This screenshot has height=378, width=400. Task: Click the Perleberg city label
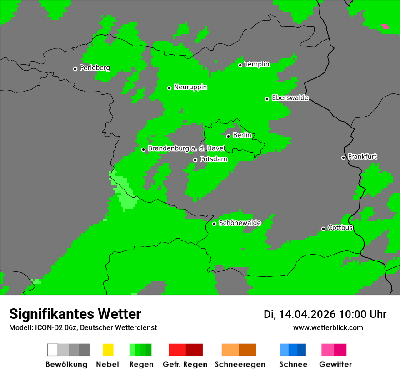point(95,68)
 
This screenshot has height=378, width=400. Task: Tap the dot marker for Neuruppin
point(169,88)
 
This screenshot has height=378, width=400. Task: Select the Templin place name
point(257,64)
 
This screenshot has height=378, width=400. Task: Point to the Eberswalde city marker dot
point(267,99)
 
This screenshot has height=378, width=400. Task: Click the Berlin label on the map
point(242,135)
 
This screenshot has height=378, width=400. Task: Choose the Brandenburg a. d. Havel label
point(186,148)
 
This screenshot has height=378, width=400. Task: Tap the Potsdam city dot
point(195,160)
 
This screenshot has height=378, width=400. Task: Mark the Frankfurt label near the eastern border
point(362,157)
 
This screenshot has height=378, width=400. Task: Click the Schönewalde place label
point(240,223)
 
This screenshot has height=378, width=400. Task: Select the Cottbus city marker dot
point(324,229)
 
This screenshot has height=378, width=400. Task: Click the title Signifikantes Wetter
point(75,314)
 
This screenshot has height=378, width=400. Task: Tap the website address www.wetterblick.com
point(328,327)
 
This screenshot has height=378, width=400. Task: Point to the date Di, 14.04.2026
point(300,314)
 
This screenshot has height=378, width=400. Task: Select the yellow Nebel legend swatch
point(108,350)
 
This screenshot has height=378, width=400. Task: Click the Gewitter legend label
point(335,364)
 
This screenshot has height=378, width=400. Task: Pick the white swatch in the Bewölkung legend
point(53,350)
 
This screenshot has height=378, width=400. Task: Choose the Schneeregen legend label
point(240,364)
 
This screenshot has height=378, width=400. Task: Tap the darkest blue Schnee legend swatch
point(302,350)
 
